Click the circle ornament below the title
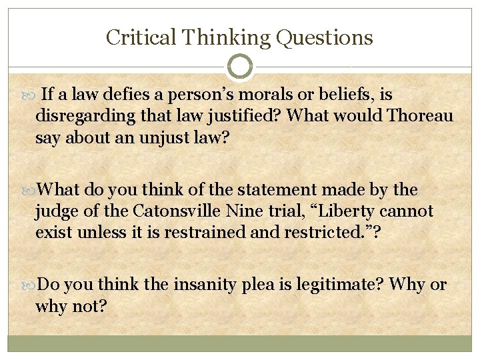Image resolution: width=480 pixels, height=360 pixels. pos(240,67)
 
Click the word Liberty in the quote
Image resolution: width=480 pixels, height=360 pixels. pos(359,211)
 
